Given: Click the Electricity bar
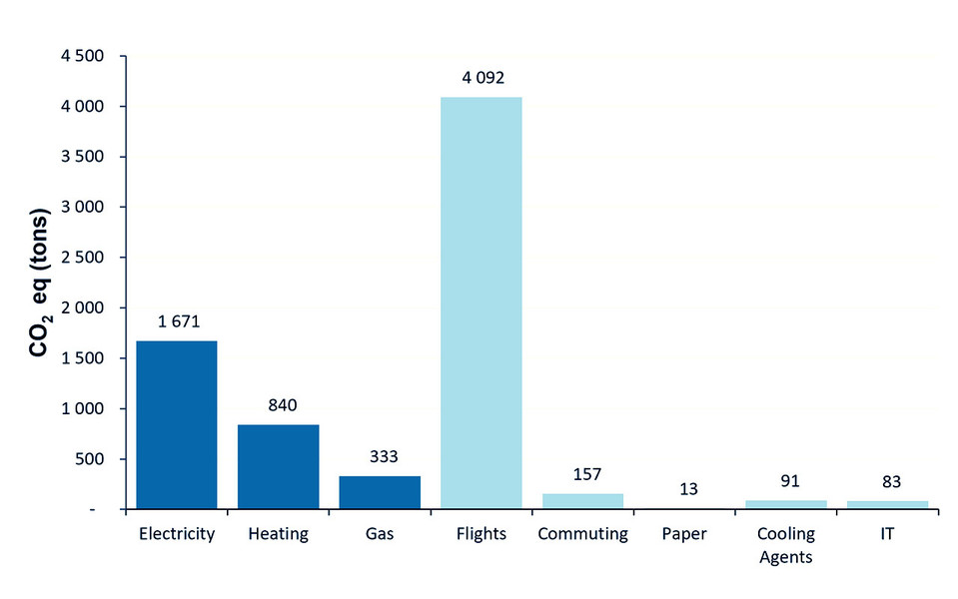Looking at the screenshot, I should (176, 425).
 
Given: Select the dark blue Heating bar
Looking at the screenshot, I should (278, 467).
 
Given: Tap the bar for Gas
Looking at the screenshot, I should (380, 492).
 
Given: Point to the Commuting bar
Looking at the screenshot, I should (583, 501).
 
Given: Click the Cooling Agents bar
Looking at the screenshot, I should (787, 504).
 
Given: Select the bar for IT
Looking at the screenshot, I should (888, 504).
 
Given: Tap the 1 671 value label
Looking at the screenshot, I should (176, 321).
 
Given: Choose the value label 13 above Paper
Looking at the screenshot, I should (685, 489).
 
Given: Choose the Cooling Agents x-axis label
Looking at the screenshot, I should (787, 545).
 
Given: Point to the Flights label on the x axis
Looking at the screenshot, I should (481, 534).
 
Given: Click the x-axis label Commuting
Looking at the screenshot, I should (583, 534).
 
